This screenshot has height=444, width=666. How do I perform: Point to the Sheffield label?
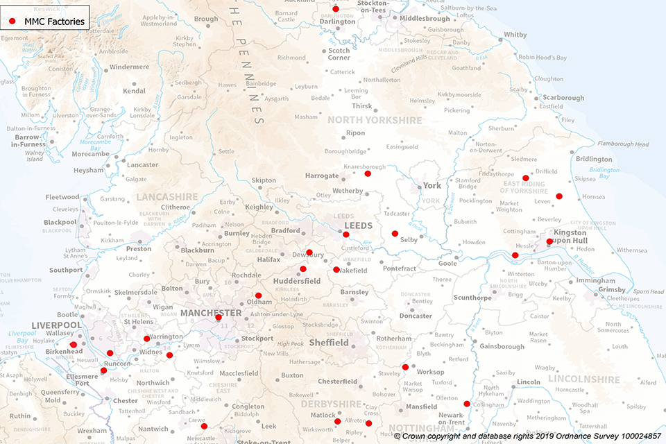click(329, 343)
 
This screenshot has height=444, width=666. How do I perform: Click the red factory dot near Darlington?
click(336, 9)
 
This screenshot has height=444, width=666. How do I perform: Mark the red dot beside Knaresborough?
click(368, 173)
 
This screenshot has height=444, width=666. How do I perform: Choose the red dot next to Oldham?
click(258, 296)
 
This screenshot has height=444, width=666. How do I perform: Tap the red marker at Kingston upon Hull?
click(549, 241)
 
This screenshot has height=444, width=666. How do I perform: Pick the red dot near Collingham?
click(467, 404)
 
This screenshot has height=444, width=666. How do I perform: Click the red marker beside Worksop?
click(405, 367)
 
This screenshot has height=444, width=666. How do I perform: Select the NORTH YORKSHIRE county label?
click(375, 120)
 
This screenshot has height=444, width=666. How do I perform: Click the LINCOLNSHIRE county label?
click(583, 379)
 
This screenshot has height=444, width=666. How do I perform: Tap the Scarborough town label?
click(563, 98)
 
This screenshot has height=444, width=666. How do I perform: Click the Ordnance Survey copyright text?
click(528, 437)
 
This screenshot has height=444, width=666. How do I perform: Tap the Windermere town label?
click(129, 67)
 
